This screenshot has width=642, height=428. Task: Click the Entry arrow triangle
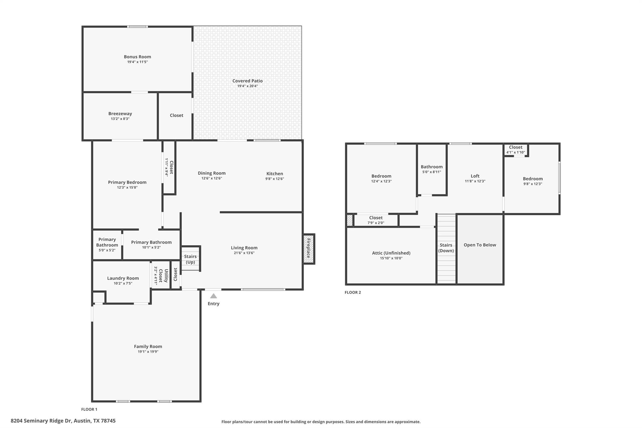(213, 296)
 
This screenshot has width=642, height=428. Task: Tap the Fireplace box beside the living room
(308, 249)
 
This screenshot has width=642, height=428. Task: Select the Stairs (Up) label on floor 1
(190, 259)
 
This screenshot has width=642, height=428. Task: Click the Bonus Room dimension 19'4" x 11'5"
(137, 62)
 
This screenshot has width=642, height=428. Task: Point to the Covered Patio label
(247, 81)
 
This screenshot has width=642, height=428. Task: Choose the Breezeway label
(120, 114)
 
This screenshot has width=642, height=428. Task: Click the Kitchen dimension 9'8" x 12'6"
(275, 179)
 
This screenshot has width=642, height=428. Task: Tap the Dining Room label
(212, 173)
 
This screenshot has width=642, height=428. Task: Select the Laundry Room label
(123, 278)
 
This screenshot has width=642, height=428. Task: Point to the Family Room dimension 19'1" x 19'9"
(148, 352)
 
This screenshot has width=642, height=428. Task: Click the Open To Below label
(480, 245)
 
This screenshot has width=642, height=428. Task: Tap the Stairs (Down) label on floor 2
(446, 248)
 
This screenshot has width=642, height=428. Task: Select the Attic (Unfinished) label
(391, 253)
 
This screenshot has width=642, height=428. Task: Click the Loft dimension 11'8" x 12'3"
(475, 181)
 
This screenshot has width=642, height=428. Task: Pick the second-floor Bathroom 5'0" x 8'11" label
(432, 169)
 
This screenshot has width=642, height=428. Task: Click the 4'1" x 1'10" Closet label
(515, 150)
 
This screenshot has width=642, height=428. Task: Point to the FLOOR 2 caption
(353, 292)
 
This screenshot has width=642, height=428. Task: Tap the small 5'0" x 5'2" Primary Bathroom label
(107, 245)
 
